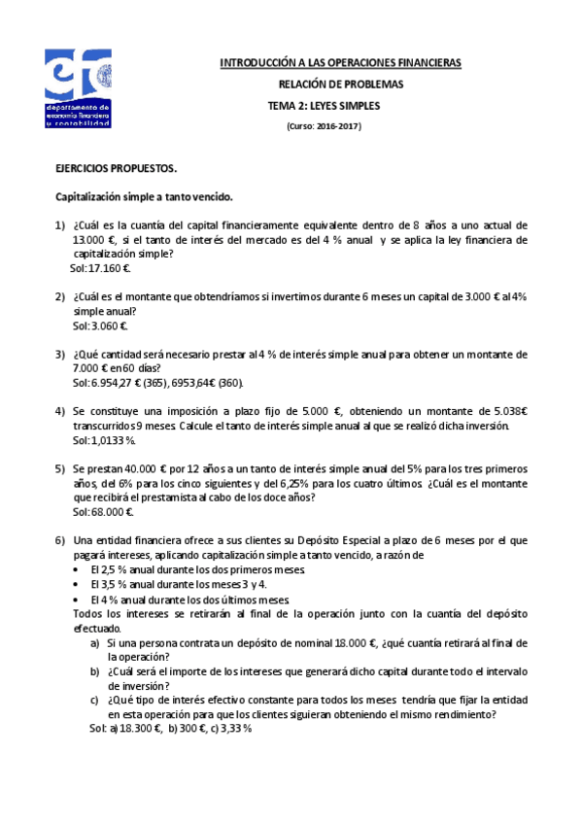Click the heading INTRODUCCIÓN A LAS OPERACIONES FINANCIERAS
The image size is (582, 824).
(x=340, y=63)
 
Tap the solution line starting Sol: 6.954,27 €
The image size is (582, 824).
(x=157, y=384)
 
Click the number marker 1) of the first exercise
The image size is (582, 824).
(x=59, y=224)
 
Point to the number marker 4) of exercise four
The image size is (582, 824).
(x=59, y=412)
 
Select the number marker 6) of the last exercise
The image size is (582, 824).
(x=59, y=540)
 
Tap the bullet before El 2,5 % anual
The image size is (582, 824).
(x=78, y=569)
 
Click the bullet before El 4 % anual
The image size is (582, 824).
(x=78, y=600)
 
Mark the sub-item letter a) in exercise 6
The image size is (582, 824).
(x=94, y=643)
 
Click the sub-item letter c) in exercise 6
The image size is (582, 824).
(x=94, y=700)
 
